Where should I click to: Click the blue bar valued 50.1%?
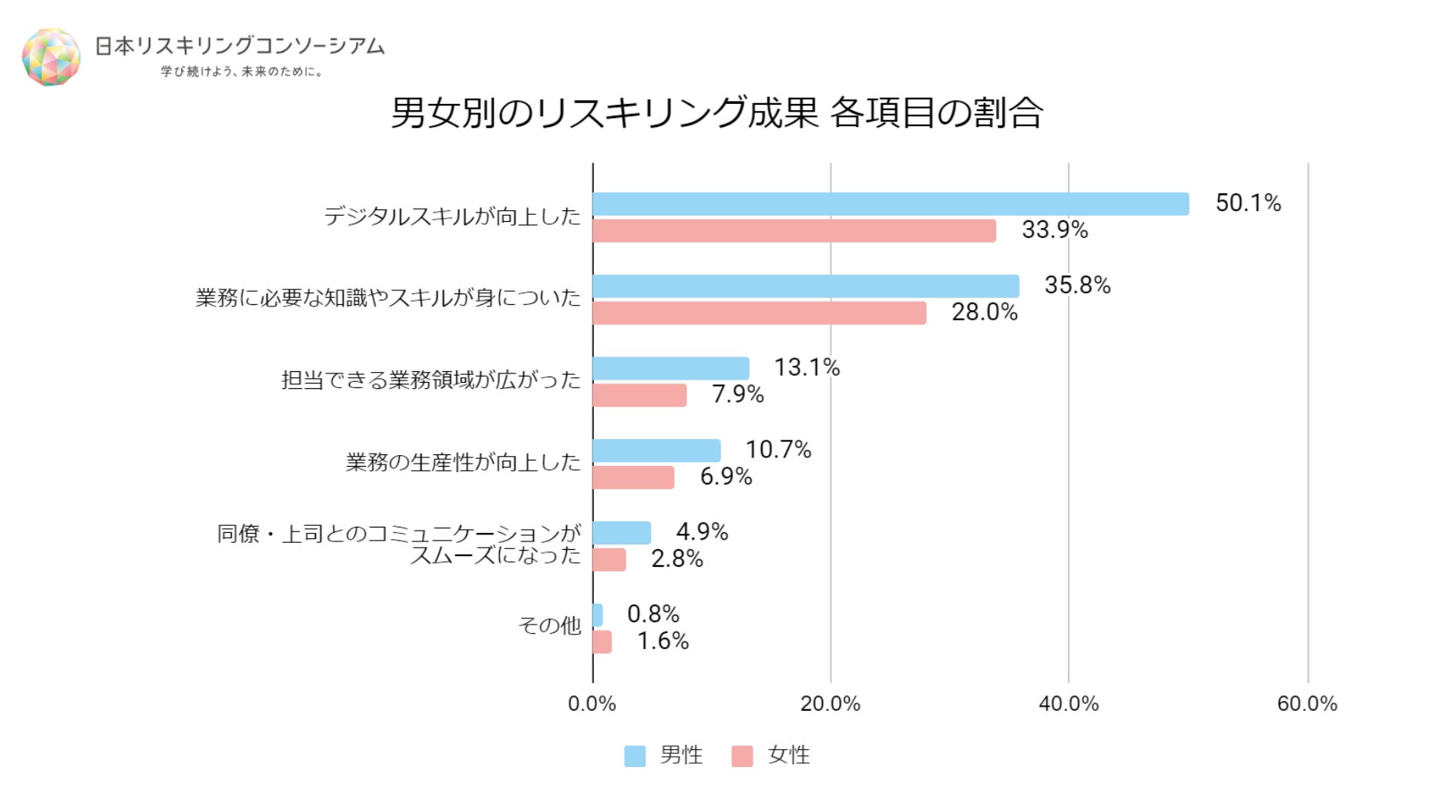coord(890,204)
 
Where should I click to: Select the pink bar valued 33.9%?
coord(793,231)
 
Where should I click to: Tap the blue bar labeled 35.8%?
coord(805,286)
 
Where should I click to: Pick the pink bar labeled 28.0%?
coord(759,313)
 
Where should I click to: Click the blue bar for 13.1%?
coord(670,368)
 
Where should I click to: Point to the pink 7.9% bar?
coord(639,395)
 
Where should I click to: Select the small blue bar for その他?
coord(598,615)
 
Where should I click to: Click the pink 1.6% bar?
coord(602,642)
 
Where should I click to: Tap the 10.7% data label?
coord(778,450)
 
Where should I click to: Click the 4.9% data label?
coord(702,531)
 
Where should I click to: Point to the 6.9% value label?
coord(726,477)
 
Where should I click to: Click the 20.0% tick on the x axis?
coord(830,704)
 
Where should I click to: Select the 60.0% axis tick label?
coord(1307,704)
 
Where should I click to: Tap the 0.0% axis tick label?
coord(592,704)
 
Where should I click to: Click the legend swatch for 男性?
coord(635,756)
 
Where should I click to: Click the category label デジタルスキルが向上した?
coord(452,216)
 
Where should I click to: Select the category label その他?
coord(549,625)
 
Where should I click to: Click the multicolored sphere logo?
coord(51,57)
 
